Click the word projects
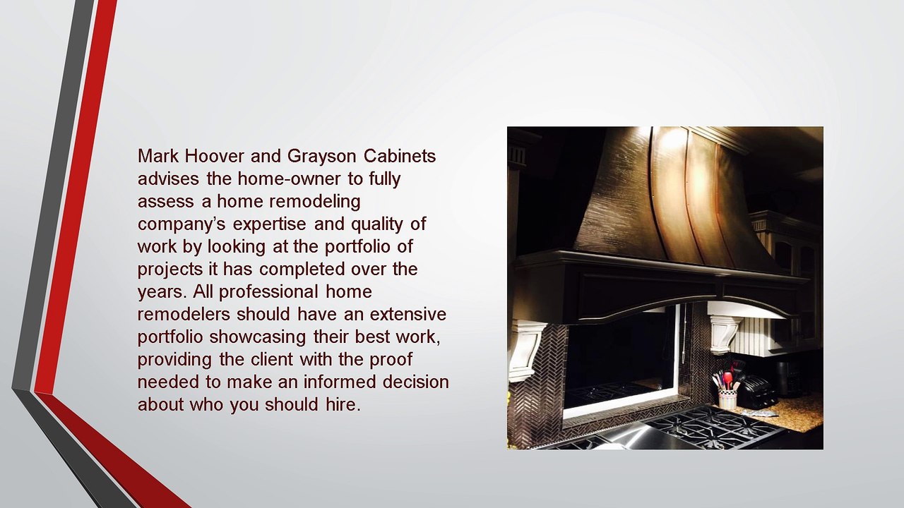170,270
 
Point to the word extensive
408,314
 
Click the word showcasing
258,337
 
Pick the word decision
416,382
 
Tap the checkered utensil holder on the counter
727,398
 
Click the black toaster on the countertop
758,392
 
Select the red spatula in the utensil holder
728,380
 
